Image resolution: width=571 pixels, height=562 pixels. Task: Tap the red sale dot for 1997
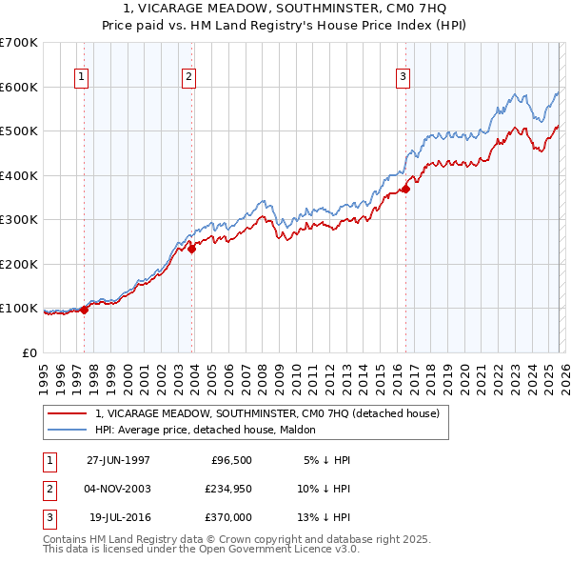[x=85, y=309]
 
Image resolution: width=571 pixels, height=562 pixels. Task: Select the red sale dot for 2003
[x=191, y=249]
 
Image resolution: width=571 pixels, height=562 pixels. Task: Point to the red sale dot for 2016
[x=405, y=189]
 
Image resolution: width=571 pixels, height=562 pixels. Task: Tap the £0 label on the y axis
[x=29, y=352]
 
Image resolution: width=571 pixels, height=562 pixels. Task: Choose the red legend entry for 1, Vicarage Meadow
[x=266, y=414]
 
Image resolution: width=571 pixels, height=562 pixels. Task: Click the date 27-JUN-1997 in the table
[x=118, y=460]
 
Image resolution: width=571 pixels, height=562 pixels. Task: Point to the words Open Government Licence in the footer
[x=273, y=550]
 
